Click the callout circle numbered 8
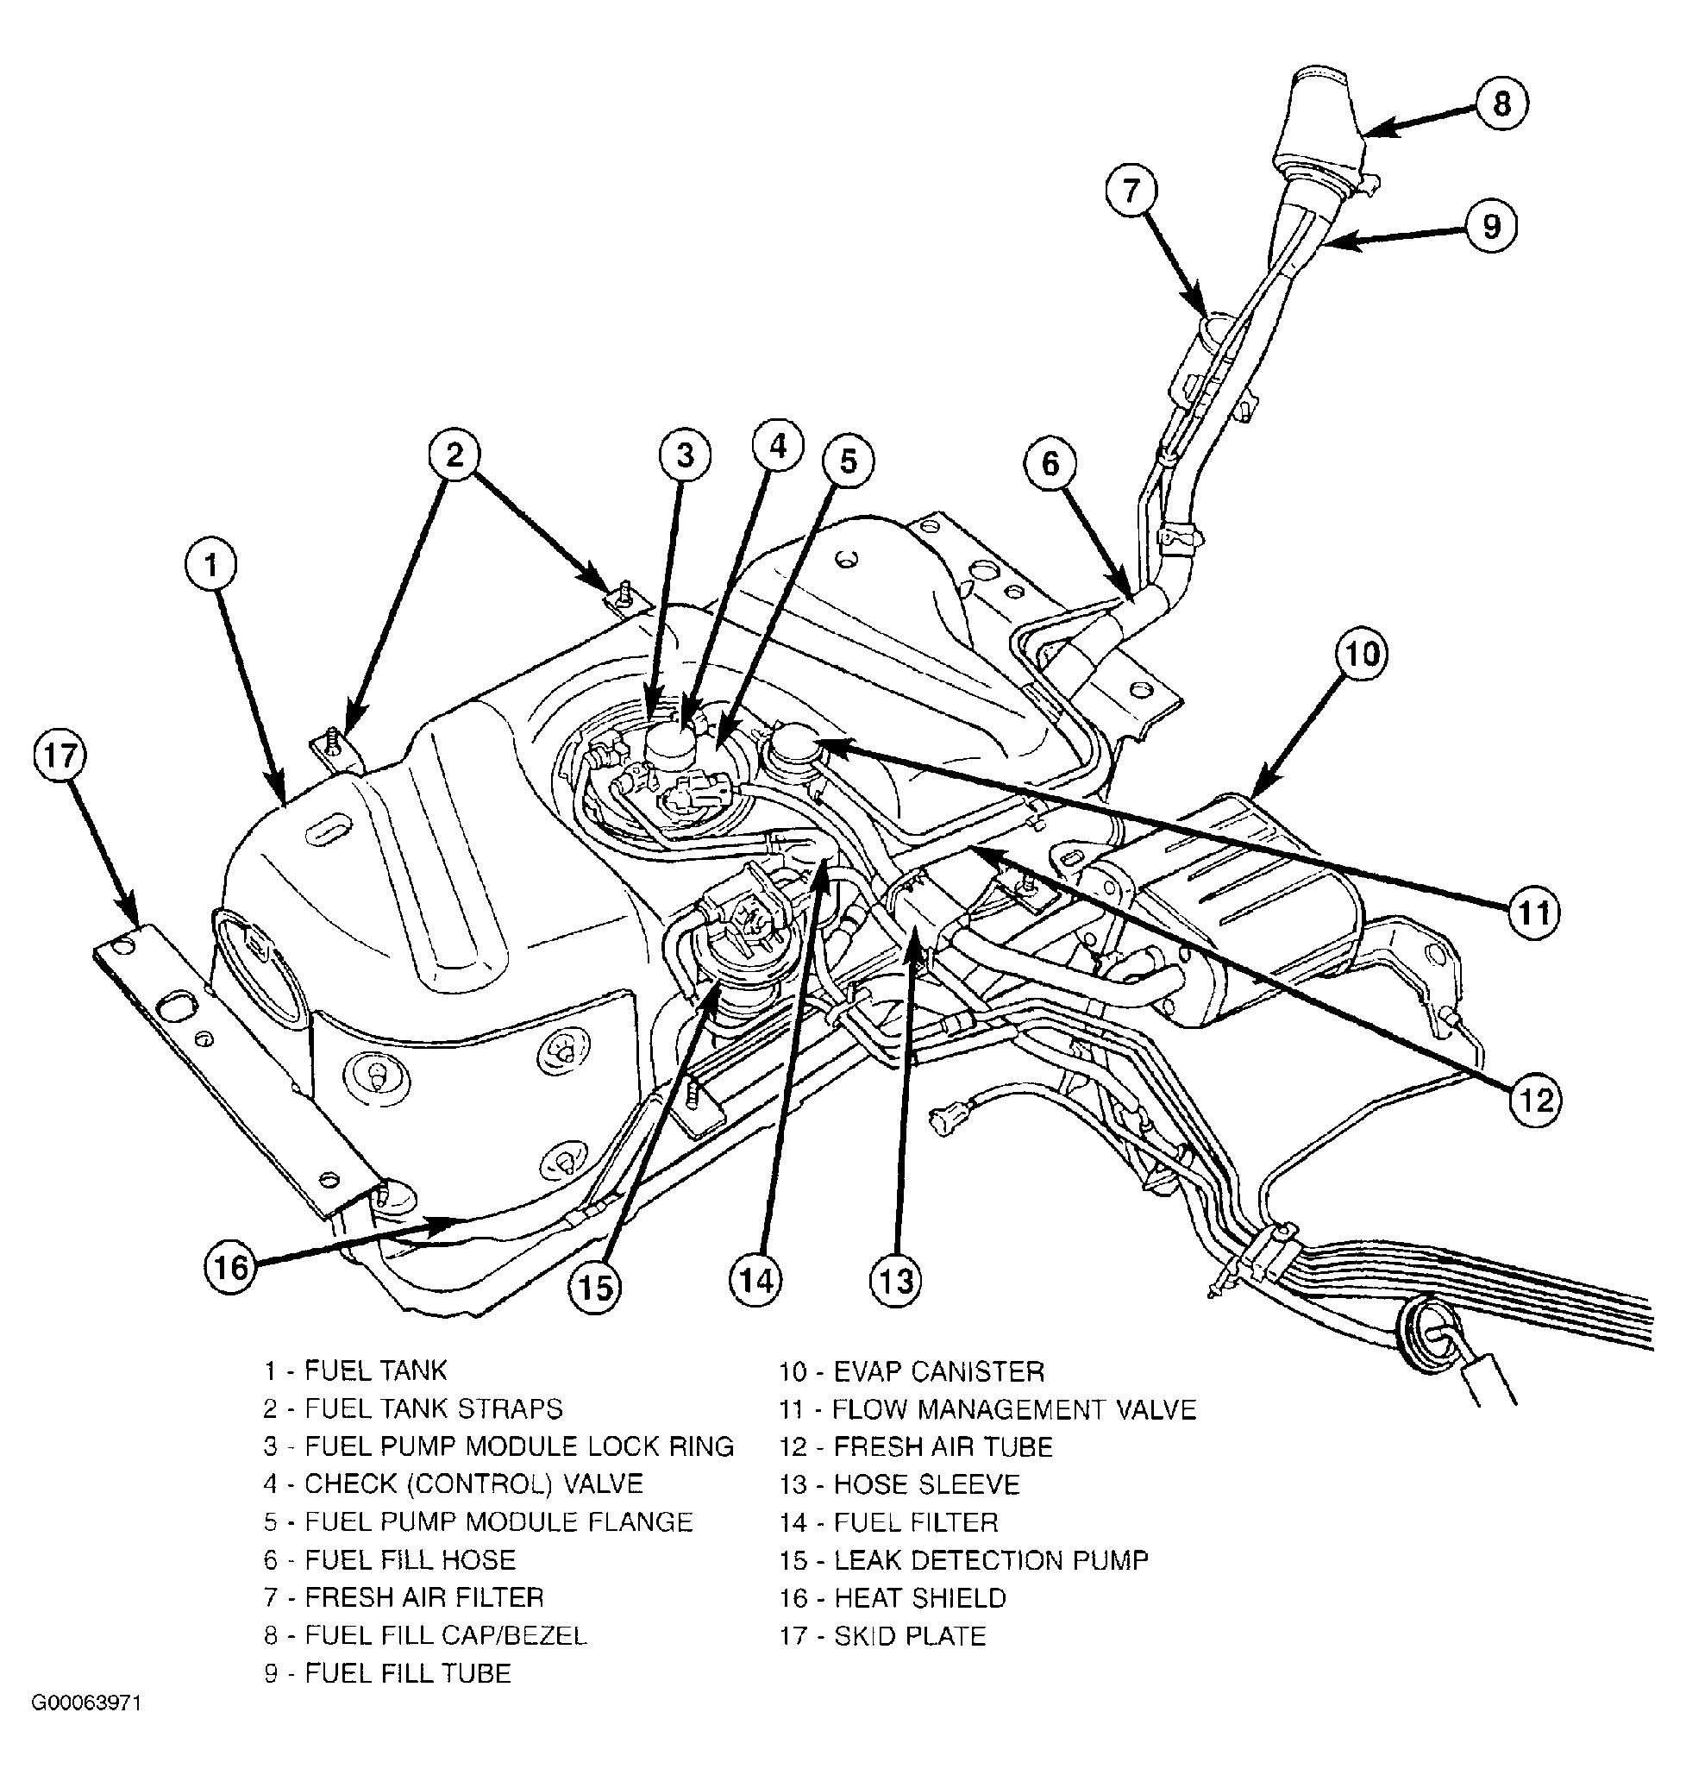tap(1502, 103)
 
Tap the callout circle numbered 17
tap(60, 756)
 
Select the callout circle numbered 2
tap(454, 455)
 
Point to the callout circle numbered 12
tap(1534, 1099)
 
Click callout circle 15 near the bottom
tap(595, 1288)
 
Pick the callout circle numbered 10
tap(1362, 654)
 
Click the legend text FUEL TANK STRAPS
tap(433, 1408)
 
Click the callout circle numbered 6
tap(1050, 464)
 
